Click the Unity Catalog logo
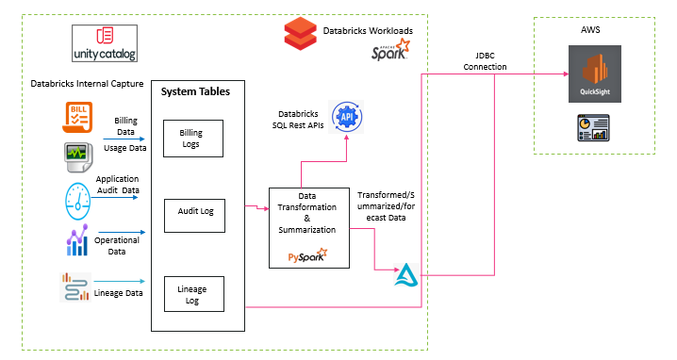(x=105, y=43)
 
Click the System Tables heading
(x=196, y=91)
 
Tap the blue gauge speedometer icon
(x=78, y=196)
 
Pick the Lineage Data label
(x=119, y=293)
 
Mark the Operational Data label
(x=119, y=246)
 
